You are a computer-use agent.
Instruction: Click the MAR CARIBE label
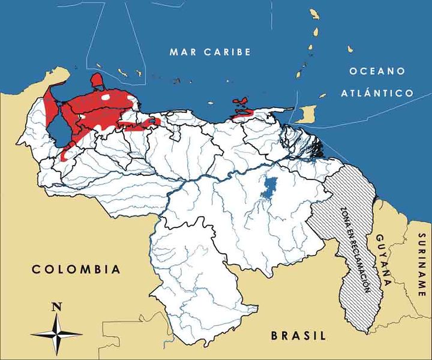[210, 52]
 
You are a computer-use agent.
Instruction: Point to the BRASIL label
[298, 335]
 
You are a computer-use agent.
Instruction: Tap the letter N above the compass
[57, 307]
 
